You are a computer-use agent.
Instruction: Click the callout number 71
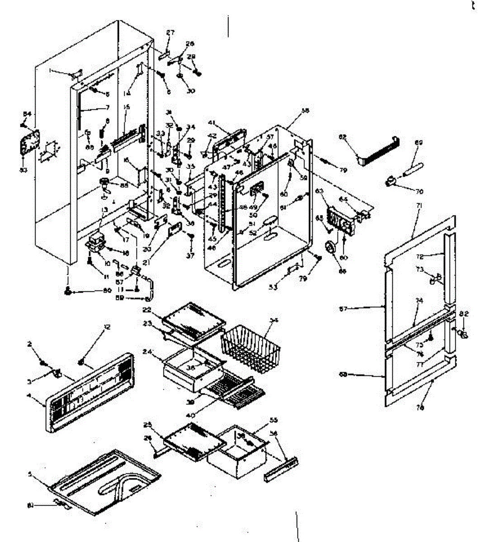point(419,206)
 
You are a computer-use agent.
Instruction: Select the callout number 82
point(464,313)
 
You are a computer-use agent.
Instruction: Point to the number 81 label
point(31,505)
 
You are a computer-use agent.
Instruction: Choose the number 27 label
point(170,33)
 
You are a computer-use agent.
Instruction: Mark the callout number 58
point(305,111)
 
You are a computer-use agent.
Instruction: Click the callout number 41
point(211,122)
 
